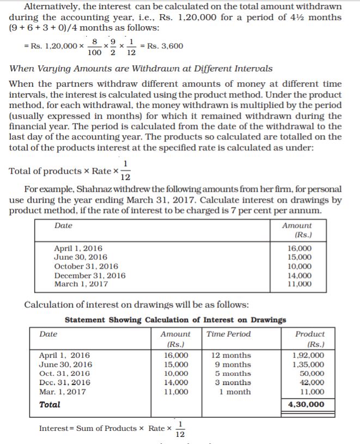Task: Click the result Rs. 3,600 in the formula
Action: pyautogui.click(x=163, y=46)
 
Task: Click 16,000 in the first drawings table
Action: pyautogui.click(x=299, y=248)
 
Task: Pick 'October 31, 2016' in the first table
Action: pyautogui.click(x=86, y=266)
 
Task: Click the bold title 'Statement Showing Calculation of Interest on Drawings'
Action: pyautogui.click(x=175, y=320)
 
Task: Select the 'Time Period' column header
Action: pyautogui.click(x=229, y=334)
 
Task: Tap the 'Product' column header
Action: pyautogui.click(x=309, y=334)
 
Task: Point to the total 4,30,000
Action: pyautogui.click(x=306, y=404)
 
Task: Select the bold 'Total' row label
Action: pyautogui.click(x=50, y=404)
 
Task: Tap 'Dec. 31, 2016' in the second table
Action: pyautogui.click(x=64, y=382)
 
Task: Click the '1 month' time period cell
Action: pyautogui.click(x=235, y=392)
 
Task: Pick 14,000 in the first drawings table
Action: pyautogui.click(x=299, y=275)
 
